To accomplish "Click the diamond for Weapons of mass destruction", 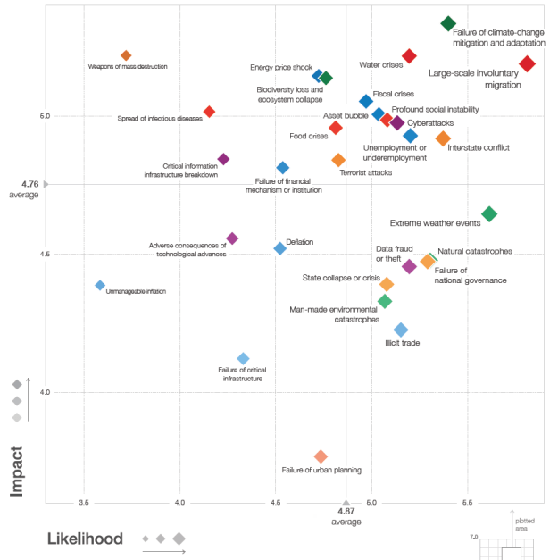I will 126,56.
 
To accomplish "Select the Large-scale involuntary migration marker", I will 527,63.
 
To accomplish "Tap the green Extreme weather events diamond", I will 488,213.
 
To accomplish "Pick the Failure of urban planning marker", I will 321,456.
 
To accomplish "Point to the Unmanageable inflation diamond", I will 100,285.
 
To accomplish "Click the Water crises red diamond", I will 409,56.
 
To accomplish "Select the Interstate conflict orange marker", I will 443,138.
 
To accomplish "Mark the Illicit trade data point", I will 401,330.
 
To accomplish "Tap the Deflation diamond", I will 279,248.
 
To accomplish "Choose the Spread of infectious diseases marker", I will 209,112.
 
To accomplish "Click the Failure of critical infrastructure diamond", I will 243,358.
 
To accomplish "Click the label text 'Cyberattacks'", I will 430,122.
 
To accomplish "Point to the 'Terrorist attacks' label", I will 365,172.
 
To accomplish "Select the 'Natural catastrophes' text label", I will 475,252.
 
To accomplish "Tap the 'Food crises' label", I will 309,137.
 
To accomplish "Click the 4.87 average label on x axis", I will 346,515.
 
